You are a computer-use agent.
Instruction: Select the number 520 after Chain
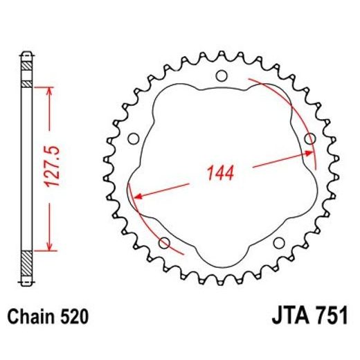pos(73,317)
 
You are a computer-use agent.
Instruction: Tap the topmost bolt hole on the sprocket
pos(221,75)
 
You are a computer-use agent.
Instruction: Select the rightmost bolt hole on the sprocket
pos(310,139)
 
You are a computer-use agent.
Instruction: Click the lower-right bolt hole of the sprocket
pos(278,242)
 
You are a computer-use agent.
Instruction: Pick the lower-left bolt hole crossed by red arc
pos(165,242)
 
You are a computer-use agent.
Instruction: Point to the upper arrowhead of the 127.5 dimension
pos(50,91)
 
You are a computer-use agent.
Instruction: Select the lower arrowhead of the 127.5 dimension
pos(50,246)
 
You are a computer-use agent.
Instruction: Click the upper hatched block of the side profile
pos(26,73)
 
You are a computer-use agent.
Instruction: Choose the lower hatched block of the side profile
pos(26,264)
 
